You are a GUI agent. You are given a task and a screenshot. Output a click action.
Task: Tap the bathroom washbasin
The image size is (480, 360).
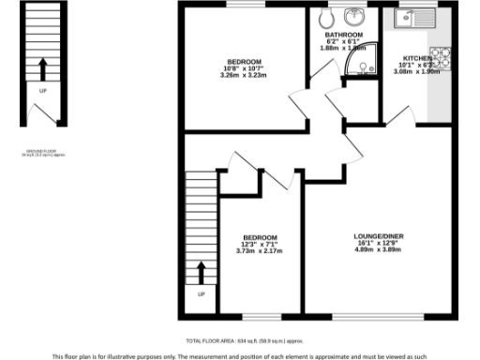[356, 18]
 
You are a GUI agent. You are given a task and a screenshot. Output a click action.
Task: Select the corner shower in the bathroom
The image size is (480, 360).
[359, 59]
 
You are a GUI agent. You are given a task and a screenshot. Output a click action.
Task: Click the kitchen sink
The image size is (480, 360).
[412, 17]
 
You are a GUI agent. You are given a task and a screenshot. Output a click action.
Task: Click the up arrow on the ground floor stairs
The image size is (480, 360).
[42, 67]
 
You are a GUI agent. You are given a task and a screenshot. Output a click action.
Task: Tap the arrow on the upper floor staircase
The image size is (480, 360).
[201, 273]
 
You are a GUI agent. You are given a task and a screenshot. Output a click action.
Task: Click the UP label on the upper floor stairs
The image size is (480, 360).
[201, 295]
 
